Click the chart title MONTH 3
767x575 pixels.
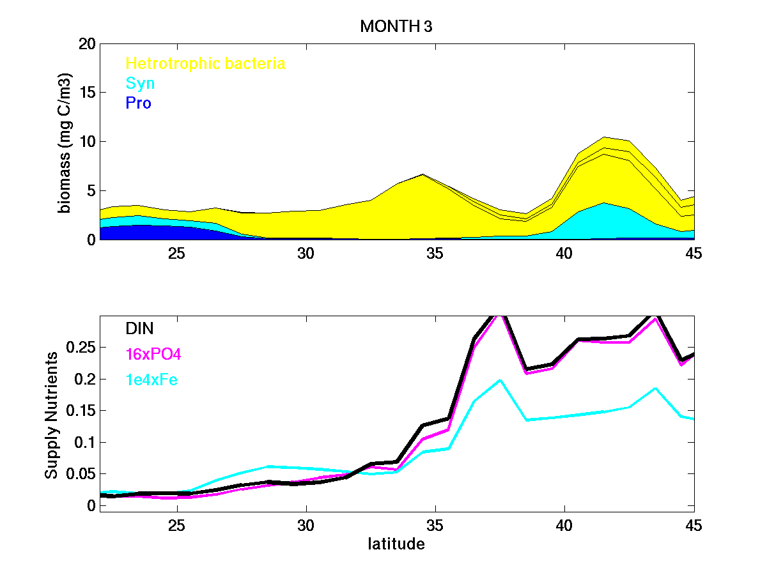point(397,27)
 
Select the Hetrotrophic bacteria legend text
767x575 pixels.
point(205,63)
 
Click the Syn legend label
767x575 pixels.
point(140,83)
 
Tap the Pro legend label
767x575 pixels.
point(138,103)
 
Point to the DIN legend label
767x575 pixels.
point(139,328)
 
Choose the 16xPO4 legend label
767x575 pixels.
point(153,355)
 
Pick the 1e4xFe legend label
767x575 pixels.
point(151,380)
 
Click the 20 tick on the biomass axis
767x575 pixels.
point(87,43)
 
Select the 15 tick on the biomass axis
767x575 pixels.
point(87,93)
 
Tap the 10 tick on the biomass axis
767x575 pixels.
point(87,141)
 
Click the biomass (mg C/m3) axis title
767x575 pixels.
point(65,142)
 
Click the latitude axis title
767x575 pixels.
point(396,544)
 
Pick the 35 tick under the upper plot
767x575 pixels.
point(435,253)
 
